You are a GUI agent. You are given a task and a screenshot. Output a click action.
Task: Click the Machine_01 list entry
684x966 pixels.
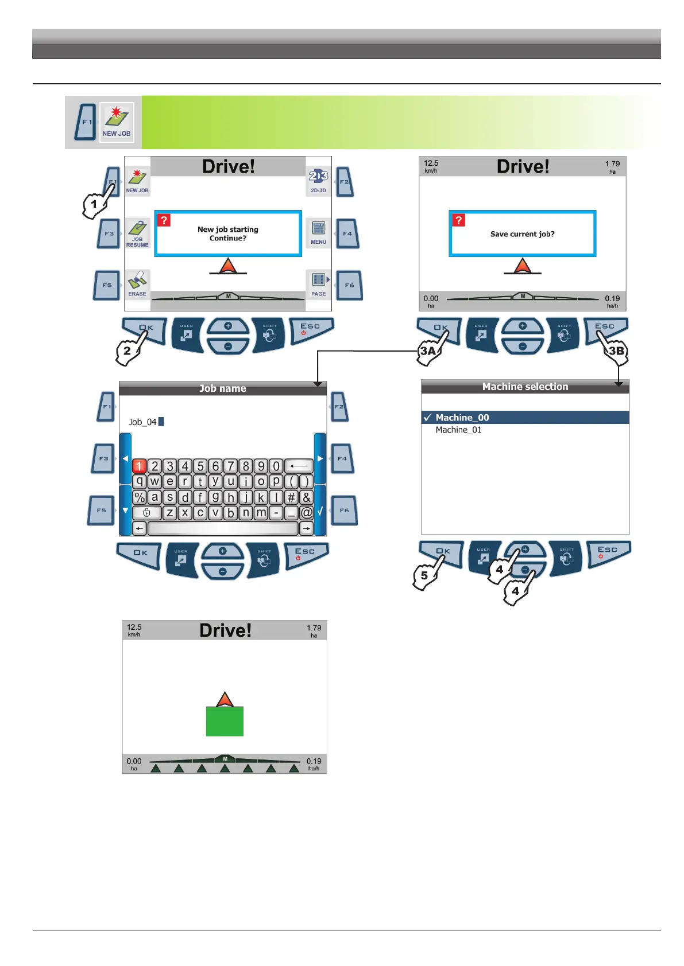(x=458, y=430)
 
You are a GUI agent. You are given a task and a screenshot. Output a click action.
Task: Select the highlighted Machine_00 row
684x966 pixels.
(x=462, y=418)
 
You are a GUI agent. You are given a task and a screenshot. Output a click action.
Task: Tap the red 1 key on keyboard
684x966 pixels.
(x=140, y=466)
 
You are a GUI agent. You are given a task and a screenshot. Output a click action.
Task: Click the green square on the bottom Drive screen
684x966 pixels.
(x=225, y=721)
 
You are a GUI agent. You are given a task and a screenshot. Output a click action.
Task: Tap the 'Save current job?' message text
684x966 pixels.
(x=522, y=234)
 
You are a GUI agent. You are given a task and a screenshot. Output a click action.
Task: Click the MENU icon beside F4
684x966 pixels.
(x=318, y=232)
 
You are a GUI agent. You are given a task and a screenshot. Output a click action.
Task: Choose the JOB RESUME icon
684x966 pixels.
(x=137, y=233)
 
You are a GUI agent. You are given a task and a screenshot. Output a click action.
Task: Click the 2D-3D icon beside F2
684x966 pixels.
(x=318, y=180)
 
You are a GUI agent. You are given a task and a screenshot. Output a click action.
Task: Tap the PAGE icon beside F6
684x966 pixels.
(x=318, y=284)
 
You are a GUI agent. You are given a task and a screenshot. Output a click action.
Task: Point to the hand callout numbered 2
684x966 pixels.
(x=128, y=349)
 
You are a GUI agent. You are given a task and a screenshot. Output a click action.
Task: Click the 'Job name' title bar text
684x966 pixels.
(x=222, y=388)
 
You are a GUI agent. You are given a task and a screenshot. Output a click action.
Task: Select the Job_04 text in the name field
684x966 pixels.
(x=142, y=422)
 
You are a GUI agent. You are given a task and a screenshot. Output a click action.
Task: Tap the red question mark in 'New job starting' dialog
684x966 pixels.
(x=164, y=220)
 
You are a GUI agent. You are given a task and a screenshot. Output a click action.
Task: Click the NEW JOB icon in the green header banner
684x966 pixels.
(x=117, y=122)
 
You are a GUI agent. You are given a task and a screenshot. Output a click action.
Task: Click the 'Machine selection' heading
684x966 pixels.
(x=525, y=387)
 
